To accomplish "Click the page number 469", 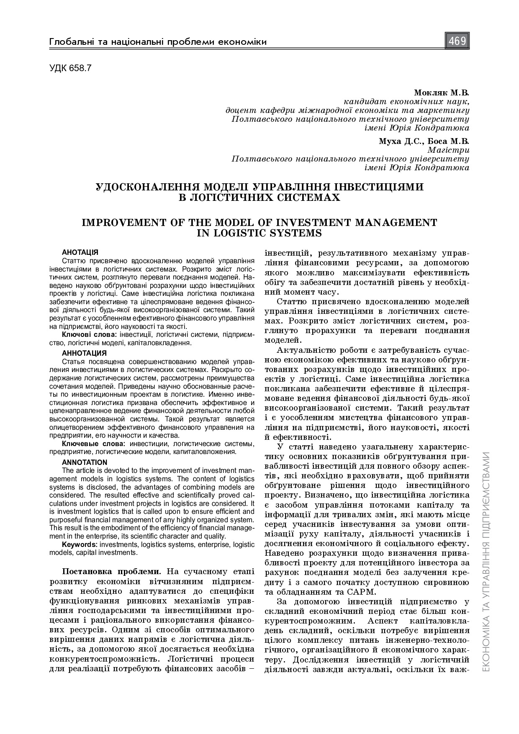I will point(457,41).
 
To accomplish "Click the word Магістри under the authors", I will point(449,150).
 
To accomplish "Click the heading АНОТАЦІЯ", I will point(80,252).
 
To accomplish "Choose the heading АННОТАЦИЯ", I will point(84,353).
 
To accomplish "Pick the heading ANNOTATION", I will point(85,462).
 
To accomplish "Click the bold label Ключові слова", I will point(89,334).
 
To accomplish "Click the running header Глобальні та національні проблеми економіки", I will point(158,42).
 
